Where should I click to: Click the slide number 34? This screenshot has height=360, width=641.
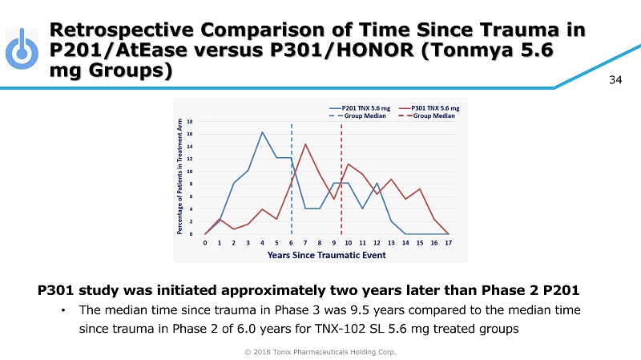pyautogui.click(x=616, y=79)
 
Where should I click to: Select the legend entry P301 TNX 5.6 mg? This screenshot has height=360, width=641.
pyautogui.click(x=440, y=107)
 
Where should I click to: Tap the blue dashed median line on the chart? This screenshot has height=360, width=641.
pyautogui.click(x=292, y=184)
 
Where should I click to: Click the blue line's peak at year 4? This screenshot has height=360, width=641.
pyautogui.click(x=262, y=132)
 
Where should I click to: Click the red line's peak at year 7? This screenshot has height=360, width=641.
pyautogui.click(x=305, y=144)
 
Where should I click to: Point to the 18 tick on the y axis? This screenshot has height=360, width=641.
pyautogui.click(x=190, y=121)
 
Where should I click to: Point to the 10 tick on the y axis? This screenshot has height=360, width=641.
pyautogui.click(x=190, y=172)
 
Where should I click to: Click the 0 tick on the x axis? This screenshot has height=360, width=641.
pyautogui.click(x=205, y=242)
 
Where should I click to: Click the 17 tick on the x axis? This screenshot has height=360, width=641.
pyautogui.click(x=448, y=242)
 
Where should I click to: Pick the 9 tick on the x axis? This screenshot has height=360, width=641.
pyautogui.click(x=334, y=242)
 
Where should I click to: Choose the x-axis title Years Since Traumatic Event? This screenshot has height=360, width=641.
pyautogui.click(x=326, y=255)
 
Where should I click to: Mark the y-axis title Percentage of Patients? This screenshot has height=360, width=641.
pyautogui.click(x=180, y=176)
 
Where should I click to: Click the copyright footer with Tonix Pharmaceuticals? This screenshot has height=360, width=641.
pyautogui.click(x=320, y=351)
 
